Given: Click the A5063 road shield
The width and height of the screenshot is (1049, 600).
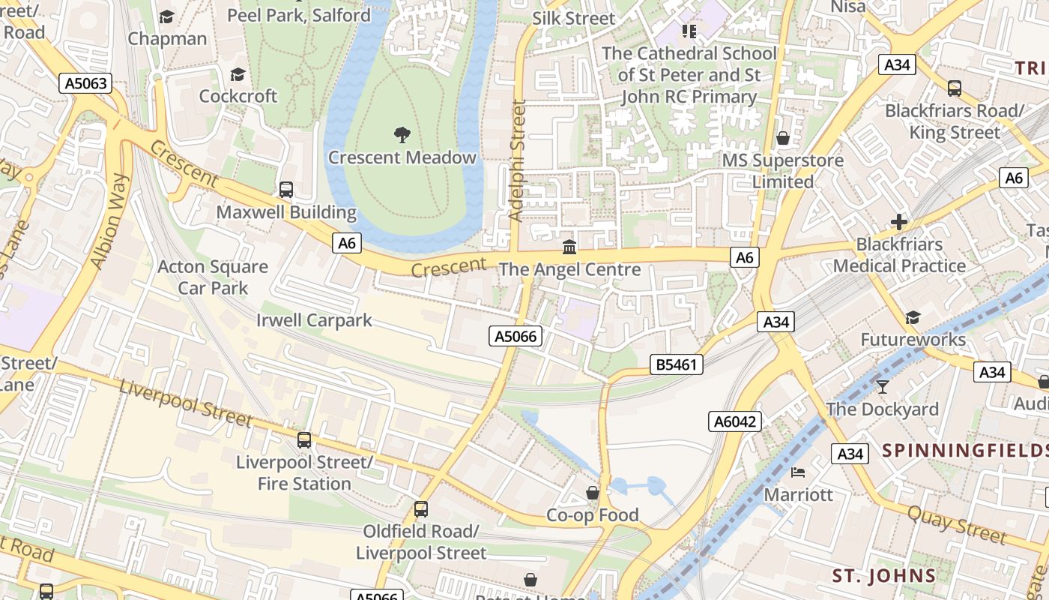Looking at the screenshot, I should pos(85,83).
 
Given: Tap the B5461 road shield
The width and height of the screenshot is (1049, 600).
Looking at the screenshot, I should pos(677,364).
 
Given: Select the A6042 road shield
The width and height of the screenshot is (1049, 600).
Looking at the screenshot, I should pos(734,421).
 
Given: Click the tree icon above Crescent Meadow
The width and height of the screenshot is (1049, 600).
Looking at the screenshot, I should pos(402,135).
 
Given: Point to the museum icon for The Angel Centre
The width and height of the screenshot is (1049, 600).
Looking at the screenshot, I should pos(569,247).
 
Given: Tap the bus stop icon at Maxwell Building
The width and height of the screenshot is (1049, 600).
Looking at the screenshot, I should pos(285,190).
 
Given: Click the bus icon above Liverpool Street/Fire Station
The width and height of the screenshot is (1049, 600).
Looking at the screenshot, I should pos(304,440).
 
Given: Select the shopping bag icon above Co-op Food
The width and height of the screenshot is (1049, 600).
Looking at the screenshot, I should pos(592,493).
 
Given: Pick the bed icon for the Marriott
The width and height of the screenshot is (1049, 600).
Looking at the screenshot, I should pos(798,472).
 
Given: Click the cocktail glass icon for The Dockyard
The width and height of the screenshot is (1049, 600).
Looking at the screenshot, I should pos(882,387).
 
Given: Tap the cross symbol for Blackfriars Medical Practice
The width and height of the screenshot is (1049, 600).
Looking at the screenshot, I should pos(899,222).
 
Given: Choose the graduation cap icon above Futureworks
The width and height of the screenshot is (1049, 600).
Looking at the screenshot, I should pos(913,318).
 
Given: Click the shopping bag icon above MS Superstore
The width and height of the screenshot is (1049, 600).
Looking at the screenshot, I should pos(783,138).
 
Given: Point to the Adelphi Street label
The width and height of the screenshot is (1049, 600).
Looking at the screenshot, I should pos(517,160).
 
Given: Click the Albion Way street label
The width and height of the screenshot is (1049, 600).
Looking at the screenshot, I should pos(110,221).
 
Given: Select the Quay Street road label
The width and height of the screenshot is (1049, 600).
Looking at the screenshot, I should pos(957,523).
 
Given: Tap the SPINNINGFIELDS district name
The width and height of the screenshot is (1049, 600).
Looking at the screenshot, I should pos(965,451).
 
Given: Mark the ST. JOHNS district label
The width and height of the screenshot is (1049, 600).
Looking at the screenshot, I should pos(884,576).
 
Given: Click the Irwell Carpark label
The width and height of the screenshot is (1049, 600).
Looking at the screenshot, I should pos(314,320).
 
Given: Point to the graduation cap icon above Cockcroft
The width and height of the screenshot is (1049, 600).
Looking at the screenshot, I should pos(238,74).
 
